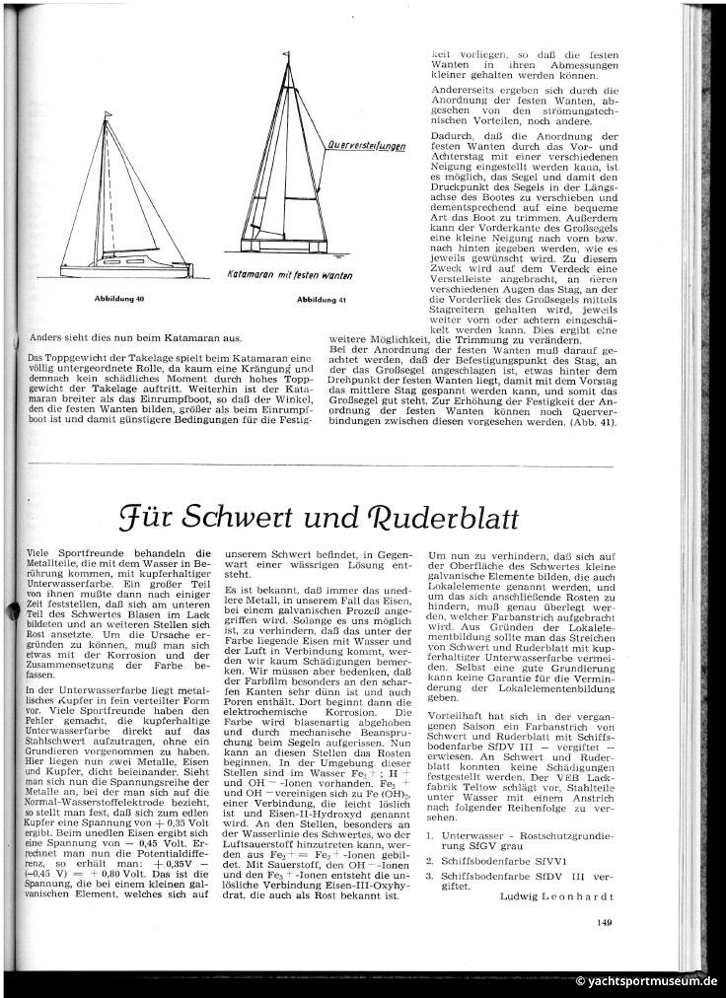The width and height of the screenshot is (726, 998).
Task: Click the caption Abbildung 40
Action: tap(119, 297)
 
